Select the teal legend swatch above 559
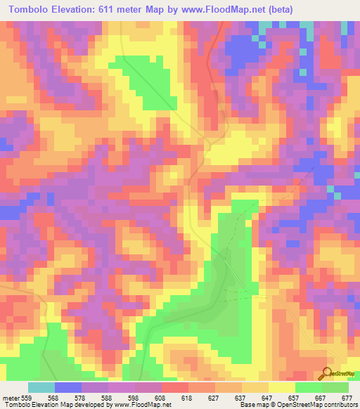click(41, 387)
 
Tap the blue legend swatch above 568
click(68, 387)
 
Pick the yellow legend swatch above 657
click(281, 387)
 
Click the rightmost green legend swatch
click(335, 387)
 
